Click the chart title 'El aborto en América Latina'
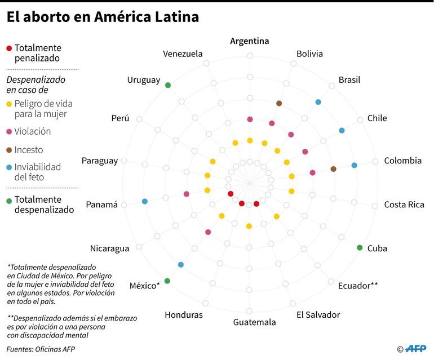tap(103, 17)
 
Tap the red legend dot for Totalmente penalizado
tap(8, 48)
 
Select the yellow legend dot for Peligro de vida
tap(8, 104)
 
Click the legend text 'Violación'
tap(33, 131)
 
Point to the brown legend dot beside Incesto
tap(8, 150)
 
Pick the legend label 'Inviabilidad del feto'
tap(37, 172)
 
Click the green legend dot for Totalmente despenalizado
tap(8, 199)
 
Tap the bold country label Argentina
tap(249, 41)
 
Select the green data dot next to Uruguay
tap(168, 85)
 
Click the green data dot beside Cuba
tap(360, 248)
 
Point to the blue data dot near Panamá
tap(145, 201)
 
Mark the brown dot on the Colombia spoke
tap(333, 169)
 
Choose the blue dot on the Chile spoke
tap(342, 131)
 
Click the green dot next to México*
tap(167, 281)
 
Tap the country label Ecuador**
tap(358, 286)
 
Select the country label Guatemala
tap(254, 322)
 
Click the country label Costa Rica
tap(404, 205)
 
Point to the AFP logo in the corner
tap(415, 349)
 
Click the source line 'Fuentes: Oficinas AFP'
tap(41, 349)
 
